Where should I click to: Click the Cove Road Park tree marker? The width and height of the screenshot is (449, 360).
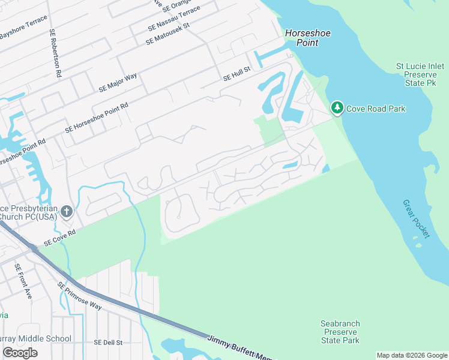337,108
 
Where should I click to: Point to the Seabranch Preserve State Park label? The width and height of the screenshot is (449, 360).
340,332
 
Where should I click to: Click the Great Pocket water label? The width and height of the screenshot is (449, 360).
417,219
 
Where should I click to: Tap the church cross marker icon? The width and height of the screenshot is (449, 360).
66,211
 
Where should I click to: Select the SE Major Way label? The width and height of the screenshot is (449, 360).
118,83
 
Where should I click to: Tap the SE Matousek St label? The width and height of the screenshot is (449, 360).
167,34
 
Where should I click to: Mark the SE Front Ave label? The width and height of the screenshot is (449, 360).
23,281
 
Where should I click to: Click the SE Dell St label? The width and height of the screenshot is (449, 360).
108,343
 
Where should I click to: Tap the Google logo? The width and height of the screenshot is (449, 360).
20,353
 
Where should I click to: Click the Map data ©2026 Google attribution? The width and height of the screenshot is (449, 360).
412,355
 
